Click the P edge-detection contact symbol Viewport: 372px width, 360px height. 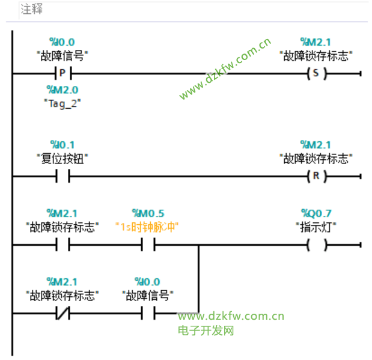pos(63,74)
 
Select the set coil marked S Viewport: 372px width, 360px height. pos(316,74)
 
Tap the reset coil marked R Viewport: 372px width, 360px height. pos(316,177)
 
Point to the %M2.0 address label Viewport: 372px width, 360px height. pos(63,90)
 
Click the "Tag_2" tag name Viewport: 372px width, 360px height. pos(63,103)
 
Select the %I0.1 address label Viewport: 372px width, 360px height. pos(63,145)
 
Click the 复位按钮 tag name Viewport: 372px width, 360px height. pos(63,159)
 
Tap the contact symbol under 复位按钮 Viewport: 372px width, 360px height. pos(63,177)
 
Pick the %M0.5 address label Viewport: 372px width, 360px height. pos(148,213)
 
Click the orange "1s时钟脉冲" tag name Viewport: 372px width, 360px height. pos(148,227)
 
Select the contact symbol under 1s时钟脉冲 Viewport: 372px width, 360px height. pos(148,245)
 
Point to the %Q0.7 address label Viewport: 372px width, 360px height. pos(316,213)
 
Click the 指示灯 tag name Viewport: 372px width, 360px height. pos(316,227)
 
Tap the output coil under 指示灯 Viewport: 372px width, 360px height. pos(316,245)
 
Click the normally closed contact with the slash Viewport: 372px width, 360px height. pos(63,314)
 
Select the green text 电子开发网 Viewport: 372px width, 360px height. pos(206,331)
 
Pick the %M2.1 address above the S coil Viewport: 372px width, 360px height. pos(316,42)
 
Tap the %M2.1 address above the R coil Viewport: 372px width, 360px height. pos(316,145)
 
